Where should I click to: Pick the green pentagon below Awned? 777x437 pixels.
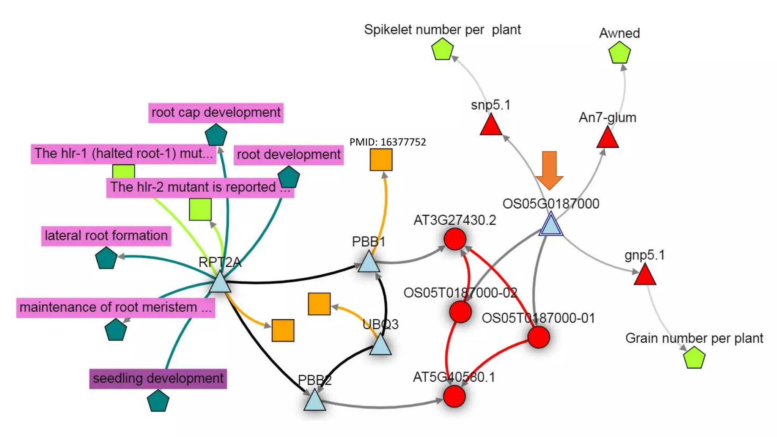(x=619, y=53)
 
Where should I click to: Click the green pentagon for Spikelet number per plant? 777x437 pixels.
(x=442, y=50)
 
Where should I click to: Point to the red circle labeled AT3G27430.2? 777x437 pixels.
(x=455, y=239)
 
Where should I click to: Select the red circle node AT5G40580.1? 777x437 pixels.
(x=454, y=396)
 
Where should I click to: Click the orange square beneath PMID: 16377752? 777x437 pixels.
(x=381, y=159)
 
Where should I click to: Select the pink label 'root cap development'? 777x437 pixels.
(x=216, y=113)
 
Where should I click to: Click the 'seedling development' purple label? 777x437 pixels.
(x=158, y=379)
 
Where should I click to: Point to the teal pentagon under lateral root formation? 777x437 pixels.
(x=106, y=259)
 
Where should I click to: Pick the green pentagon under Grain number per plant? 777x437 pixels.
(x=694, y=358)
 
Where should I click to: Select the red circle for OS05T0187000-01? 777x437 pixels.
(x=538, y=337)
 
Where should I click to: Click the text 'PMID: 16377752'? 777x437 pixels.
(x=387, y=142)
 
